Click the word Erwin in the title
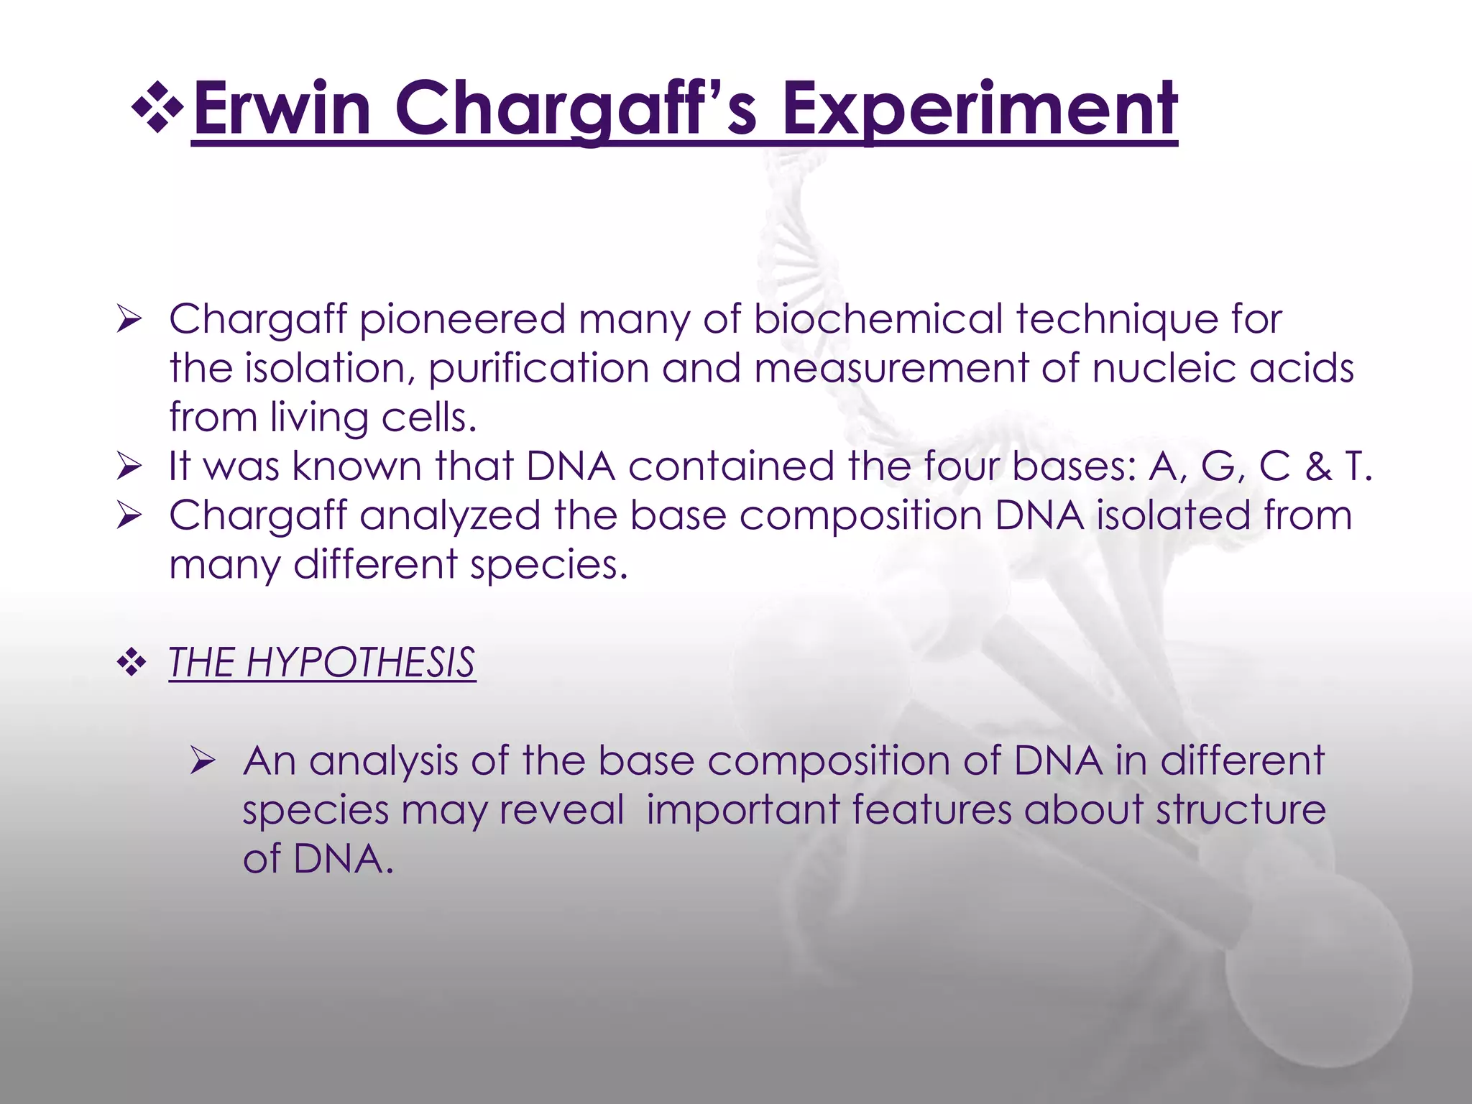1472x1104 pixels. (x=282, y=109)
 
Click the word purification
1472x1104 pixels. (x=539, y=369)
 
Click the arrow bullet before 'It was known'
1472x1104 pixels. (x=130, y=467)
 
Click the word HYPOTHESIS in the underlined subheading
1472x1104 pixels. (x=360, y=662)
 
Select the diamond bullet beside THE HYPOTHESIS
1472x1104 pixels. (x=131, y=663)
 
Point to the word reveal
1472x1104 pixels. (x=562, y=810)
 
